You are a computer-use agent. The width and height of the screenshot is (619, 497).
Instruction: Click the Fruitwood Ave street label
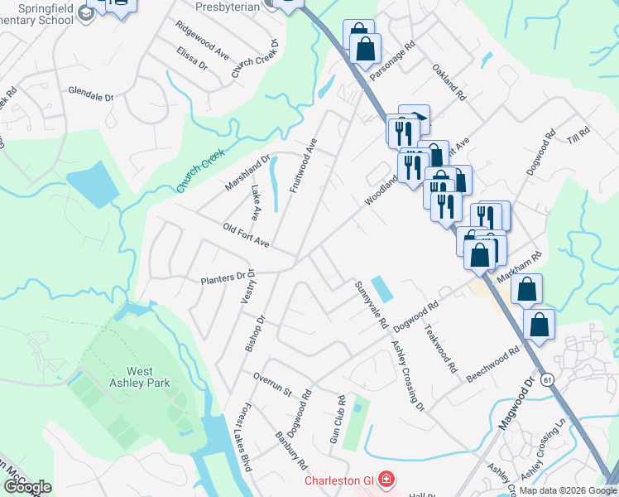(x=304, y=166)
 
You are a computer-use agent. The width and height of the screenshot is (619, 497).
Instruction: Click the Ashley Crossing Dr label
(x=407, y=377)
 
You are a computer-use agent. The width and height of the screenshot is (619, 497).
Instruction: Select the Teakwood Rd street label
(x=440, y=348)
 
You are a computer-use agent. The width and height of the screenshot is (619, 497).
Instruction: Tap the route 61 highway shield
(x=548, y=379)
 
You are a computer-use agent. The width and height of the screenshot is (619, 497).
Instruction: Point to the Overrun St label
(x=274, y=384)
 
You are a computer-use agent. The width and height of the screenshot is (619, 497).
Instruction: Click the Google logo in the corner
(x=27, y=487)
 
